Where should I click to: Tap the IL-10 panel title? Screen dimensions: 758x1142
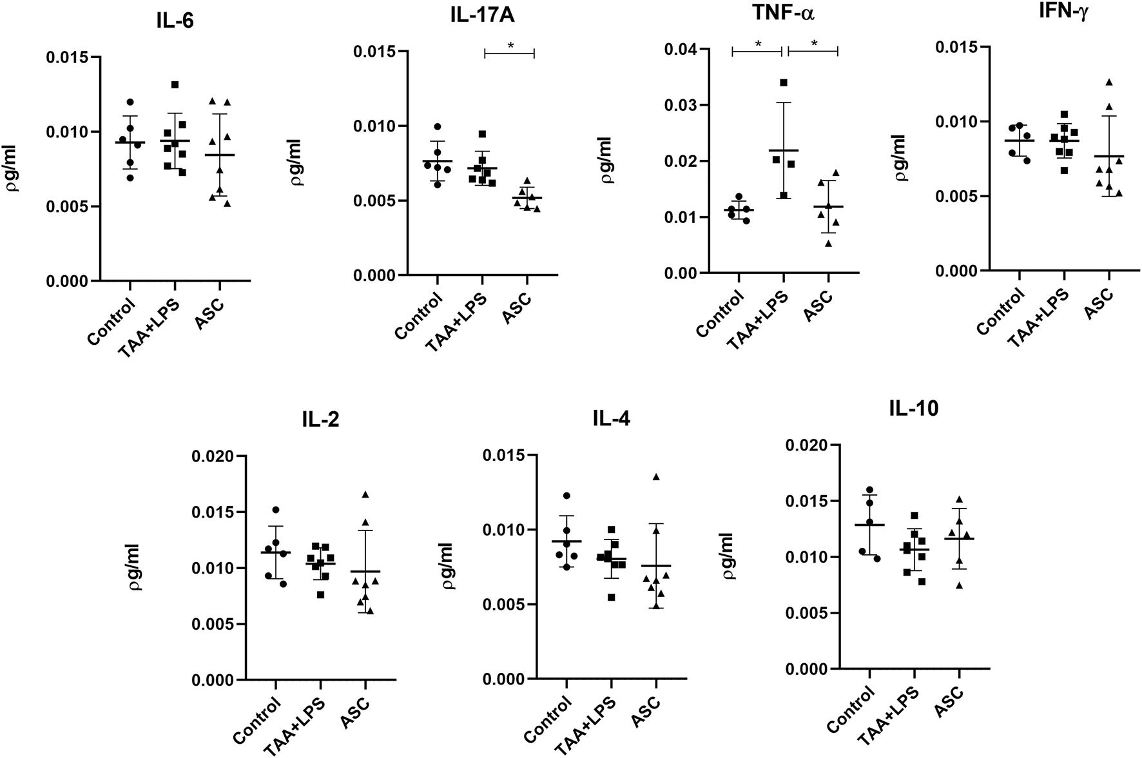tap(913, 409)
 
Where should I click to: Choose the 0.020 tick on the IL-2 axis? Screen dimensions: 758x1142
tap(211, 456)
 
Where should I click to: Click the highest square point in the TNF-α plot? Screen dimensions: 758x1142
tap(784, 83)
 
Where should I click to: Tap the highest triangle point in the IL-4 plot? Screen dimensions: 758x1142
tap(657, 477)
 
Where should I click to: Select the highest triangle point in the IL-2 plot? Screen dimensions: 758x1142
tap(365, 494)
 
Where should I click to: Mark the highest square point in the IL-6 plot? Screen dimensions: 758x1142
tap(175, 85)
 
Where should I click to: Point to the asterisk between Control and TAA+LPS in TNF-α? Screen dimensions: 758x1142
tap(759, 44)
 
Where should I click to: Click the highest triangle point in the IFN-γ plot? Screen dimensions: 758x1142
tap(1109, 83)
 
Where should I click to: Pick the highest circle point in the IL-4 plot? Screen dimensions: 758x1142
tap(566, 496)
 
